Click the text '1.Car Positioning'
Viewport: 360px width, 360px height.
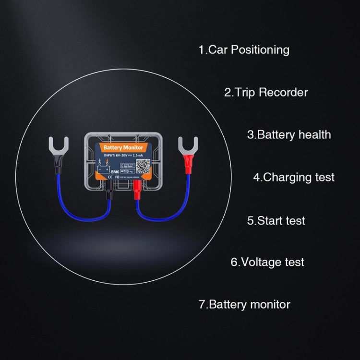tap(244, 50)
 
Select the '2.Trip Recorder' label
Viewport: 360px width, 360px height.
tap(266, 92)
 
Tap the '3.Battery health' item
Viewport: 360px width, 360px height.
tap(289, 134)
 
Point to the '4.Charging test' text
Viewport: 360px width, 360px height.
tap(294, 177)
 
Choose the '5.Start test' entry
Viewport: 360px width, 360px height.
tap(276, 221)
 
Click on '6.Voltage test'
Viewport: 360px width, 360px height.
tap(267, 262)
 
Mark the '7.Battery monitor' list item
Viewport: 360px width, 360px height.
tap(244, 304)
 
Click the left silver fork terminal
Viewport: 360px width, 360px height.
tap(58, 147)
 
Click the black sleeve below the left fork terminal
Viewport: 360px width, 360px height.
tap(58, 166)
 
